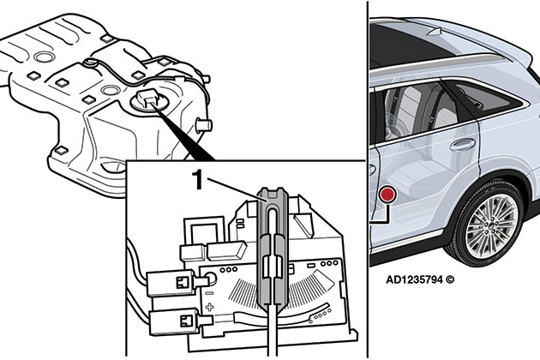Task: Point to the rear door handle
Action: tap(463, 145)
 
